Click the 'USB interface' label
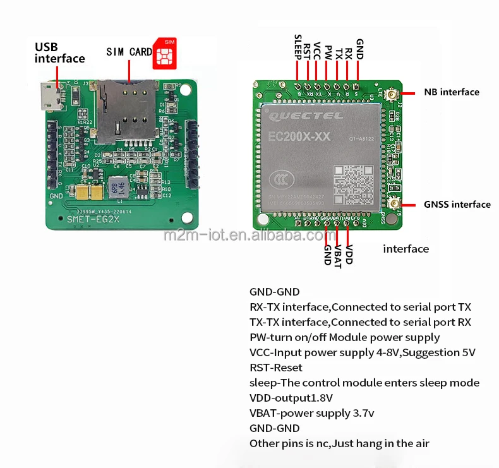point(59,52)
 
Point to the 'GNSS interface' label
point(457,204)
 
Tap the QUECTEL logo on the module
point(306,116)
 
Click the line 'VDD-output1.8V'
point(291,398)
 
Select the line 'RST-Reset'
point(275,368)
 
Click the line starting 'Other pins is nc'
point(339,443)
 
